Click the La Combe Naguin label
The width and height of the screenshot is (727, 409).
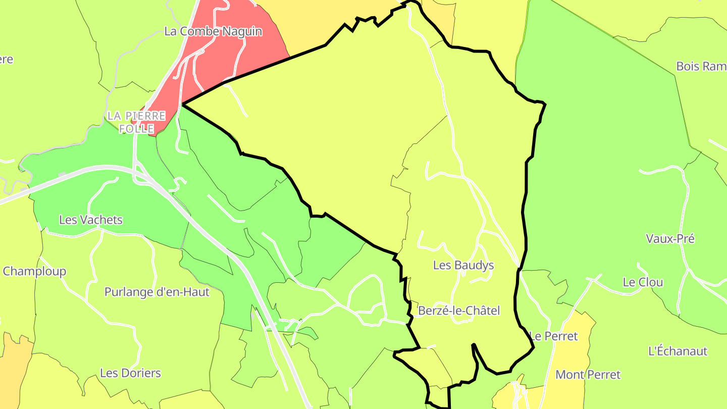tap(213, 31)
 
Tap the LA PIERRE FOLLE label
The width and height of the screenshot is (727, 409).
tap(136, 122)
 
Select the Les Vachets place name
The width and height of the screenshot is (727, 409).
tap(91, 220)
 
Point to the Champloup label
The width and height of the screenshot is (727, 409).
tap(34, 271)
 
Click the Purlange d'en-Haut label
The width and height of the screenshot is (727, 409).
tap(157, 292)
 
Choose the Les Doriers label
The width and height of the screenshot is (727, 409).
tap(130, 373)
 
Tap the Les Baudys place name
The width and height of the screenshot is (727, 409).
tap(463, 265)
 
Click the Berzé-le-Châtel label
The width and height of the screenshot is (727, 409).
tap(459, 311)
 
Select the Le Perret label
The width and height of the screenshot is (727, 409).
tap(553, 336)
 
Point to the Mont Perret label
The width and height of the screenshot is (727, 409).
tap(588, 375)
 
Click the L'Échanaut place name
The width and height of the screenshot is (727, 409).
tap(678, 351)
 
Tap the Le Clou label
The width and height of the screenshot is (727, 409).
tap(643, 282)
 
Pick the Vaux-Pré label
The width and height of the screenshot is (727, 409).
tap(670, 239)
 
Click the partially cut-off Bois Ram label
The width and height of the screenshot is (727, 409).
tap(701, 66)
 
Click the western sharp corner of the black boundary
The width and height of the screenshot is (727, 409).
tap(183, 105)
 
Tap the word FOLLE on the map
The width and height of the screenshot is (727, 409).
tap(136, 129)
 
